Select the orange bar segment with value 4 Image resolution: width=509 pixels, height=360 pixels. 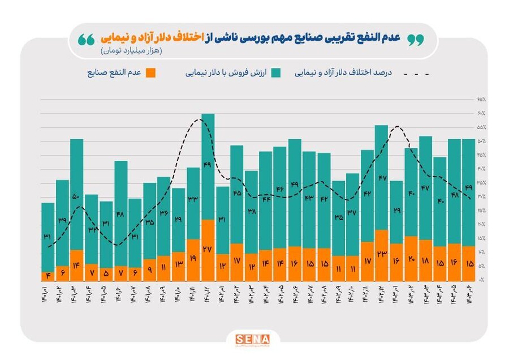click(x=48, y=276)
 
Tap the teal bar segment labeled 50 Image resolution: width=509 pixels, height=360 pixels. click(x=77, y=194)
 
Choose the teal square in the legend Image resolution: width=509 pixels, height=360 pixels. click(x=276, y=73)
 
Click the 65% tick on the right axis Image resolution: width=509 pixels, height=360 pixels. click(x=481, y=99)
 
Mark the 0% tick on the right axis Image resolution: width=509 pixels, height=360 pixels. click(x=481, y=280)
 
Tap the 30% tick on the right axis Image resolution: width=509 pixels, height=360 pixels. click(x=481, y=196)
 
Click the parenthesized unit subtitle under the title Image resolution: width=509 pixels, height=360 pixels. click(x=132, y=52)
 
